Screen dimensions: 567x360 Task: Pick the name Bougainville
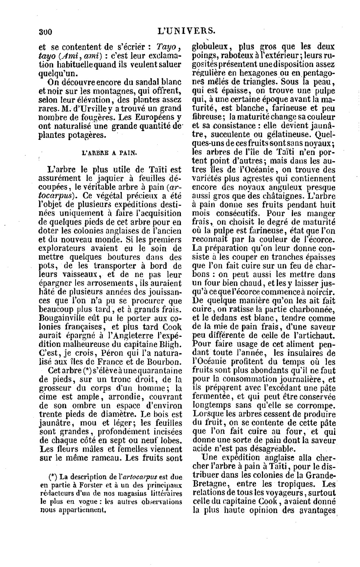pyautogui.click(x=63, y=319)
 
